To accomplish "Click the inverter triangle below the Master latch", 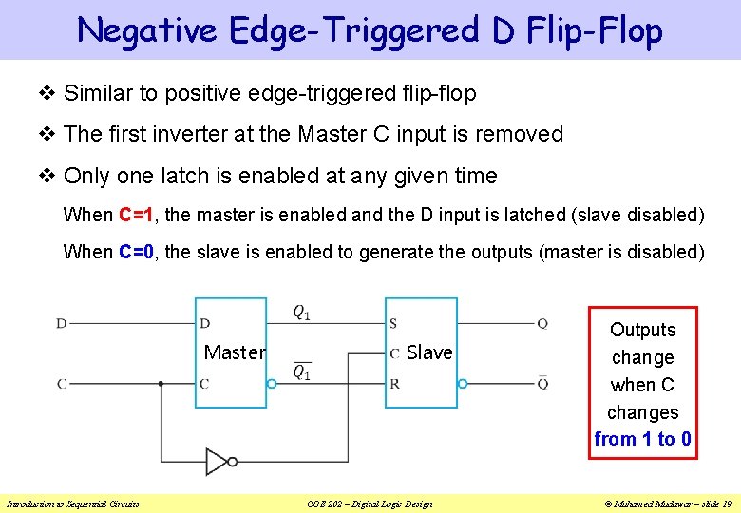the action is click(x=218, y=462).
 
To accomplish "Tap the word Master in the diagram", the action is click(x=235, y=352).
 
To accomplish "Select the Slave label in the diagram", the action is click(x=429, y=352).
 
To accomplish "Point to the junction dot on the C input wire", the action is click(x=161, y=384).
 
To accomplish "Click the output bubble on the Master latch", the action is click(x=272, y=384).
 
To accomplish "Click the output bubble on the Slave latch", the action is click(x=463, y=384).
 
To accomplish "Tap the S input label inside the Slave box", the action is click(x=394, y=324).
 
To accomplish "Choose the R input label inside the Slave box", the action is click(x=394, y=384).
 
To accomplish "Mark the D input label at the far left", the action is click(x=61, y=323).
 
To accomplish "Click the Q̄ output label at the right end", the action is click(x=541, y=383).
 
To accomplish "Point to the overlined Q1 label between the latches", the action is click(x=301, y=370).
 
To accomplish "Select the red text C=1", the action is click(x=138, y=215).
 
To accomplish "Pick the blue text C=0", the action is click(x=138, y=252).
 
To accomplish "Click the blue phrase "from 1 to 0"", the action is click(x=643, y=439).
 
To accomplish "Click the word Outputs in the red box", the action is click(x=643, y=330).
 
